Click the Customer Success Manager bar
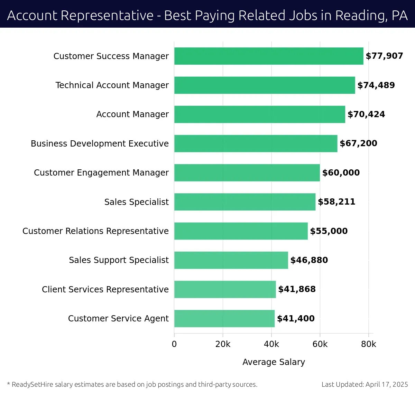(269, 56)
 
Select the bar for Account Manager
(260, 114)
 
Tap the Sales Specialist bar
(245, 202)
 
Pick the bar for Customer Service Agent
(224, 318)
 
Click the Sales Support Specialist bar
(231, 260)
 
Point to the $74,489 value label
(376, 85)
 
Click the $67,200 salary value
(358, 143)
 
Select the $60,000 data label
(341, 173)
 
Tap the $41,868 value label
(297, 289)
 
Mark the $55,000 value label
(329, 231)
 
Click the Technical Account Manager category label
(112, 85)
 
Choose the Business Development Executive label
(100, 143)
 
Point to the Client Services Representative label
(105, 289)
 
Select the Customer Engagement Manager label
(101, 173)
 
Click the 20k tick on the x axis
(223, 344)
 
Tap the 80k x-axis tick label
(368, 344)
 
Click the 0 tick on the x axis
(174, 344)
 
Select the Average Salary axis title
(274, 362)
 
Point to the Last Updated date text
(365, 384)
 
